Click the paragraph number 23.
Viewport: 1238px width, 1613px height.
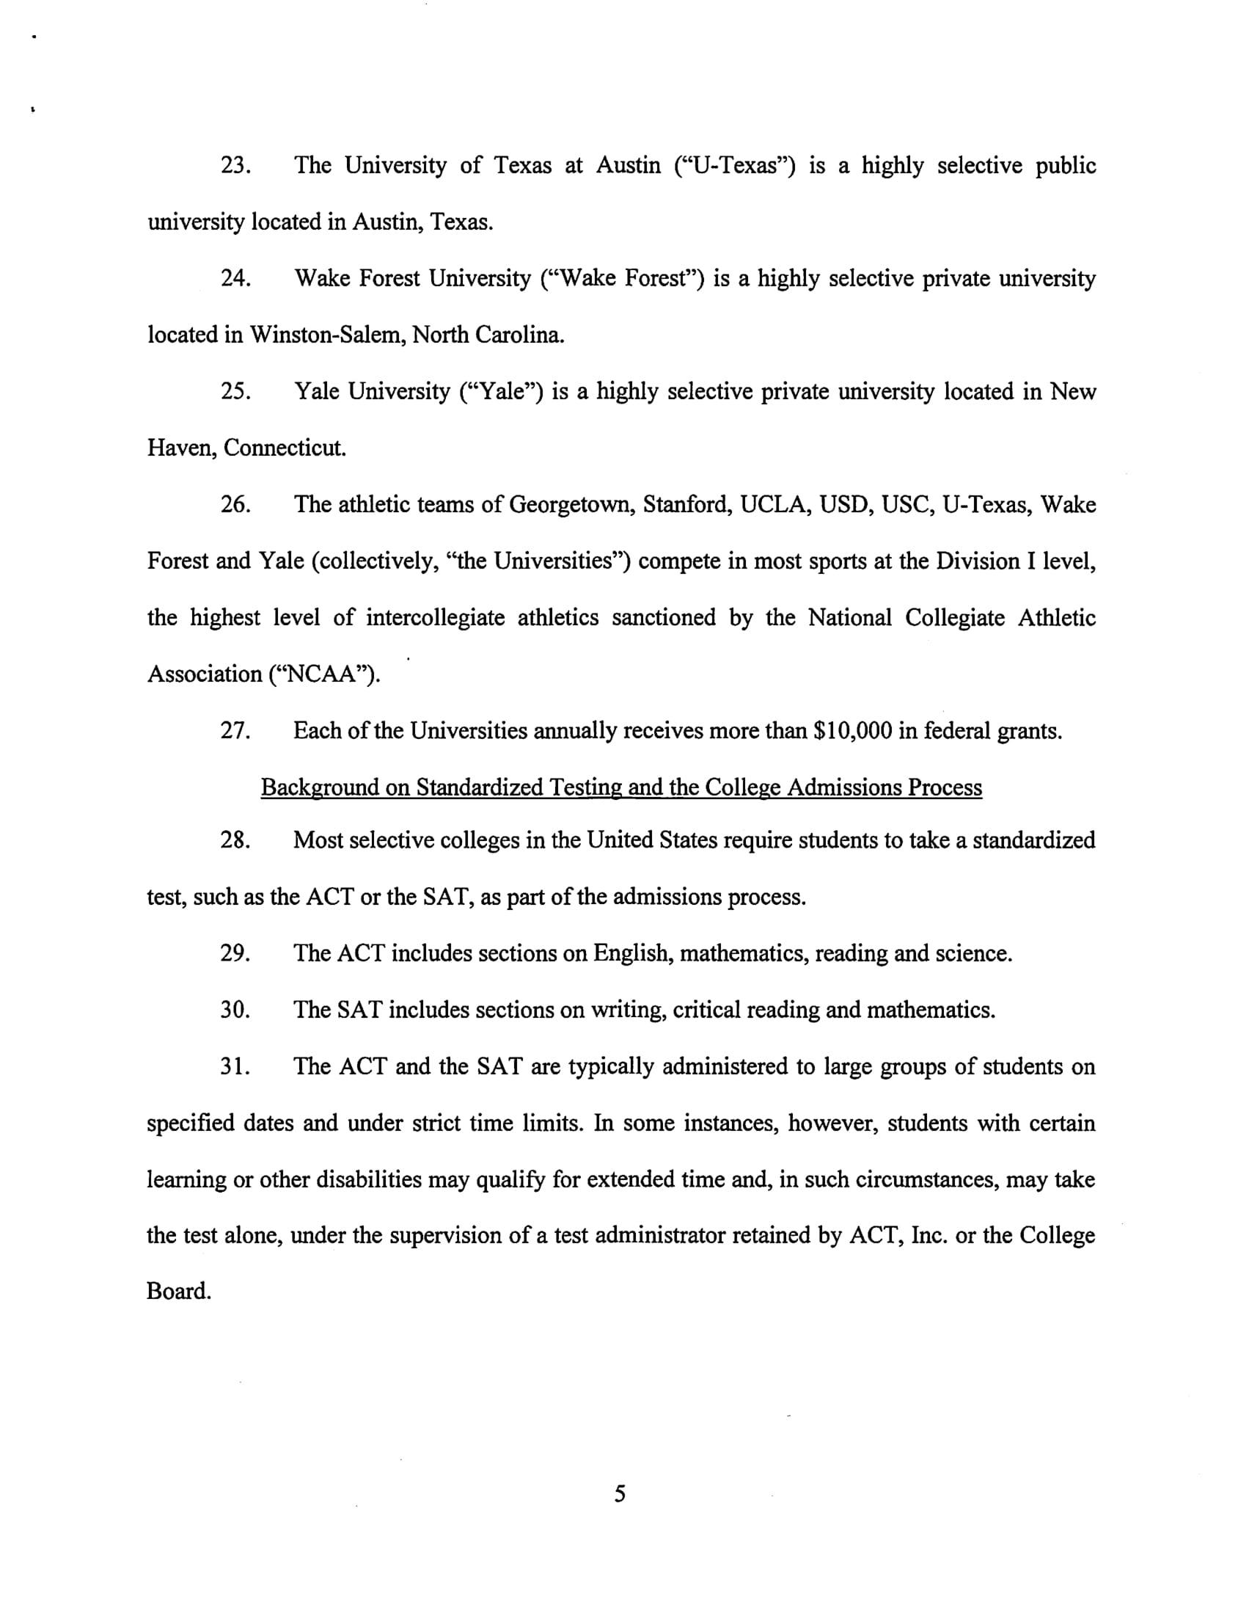pos(235,166)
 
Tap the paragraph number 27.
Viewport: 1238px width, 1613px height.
pos(235,731)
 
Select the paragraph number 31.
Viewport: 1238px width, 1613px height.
pos(235,1067)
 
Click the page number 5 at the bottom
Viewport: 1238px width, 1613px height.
pos(620,1494)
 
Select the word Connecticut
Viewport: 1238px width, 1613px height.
pos(285,448)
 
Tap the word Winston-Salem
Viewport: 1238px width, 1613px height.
pos(327,335)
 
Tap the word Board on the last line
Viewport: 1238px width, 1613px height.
pos(178,1292)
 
